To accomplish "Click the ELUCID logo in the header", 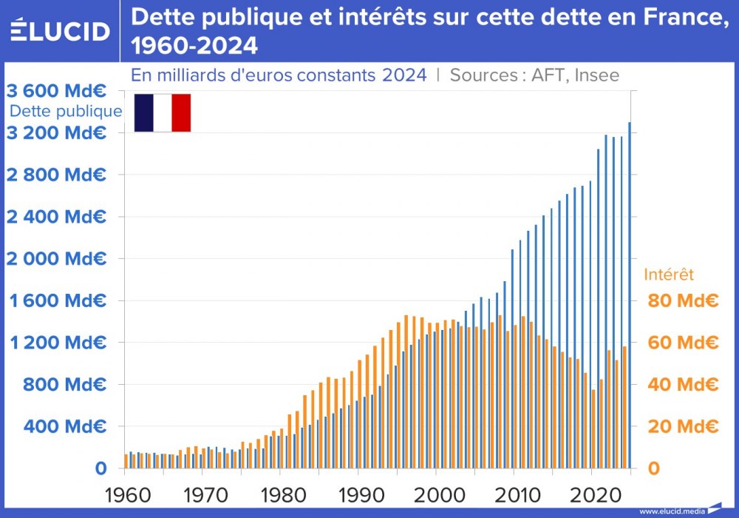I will click(x=61, y=31).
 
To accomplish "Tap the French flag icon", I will click(x=163, y=112).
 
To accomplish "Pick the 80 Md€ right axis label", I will click(x=683, y=301).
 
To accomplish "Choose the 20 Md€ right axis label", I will click(x=683, y=427).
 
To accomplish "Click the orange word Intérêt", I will click(x=669, y=275).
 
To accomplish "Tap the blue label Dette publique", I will click(x=66, y=112).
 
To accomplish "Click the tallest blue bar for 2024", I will click(x=630, y=296).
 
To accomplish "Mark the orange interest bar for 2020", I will click(x=593, y=429).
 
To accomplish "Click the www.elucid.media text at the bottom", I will click(x=671, y=511).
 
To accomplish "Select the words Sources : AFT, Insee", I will click(x=534, y=75).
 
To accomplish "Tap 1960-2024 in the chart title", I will click(x=194, y=47).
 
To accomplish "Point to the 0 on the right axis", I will click(x=653, y=468).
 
